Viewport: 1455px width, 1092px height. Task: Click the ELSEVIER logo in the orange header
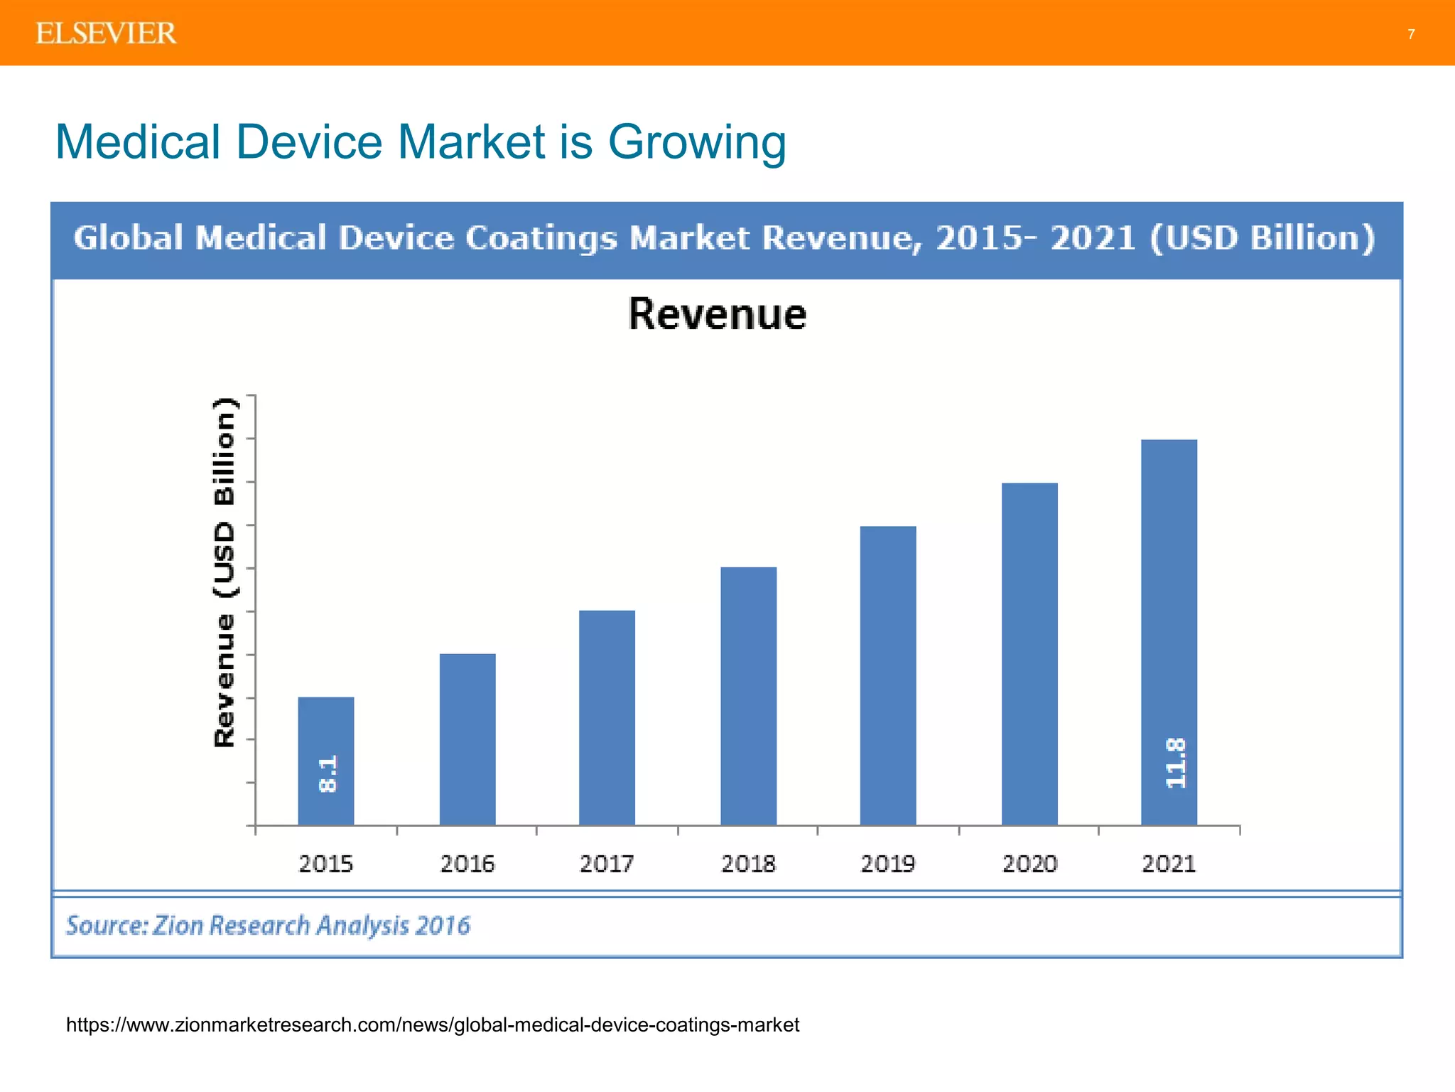106,33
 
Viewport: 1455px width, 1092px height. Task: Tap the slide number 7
1411,34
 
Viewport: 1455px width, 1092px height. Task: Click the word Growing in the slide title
697,142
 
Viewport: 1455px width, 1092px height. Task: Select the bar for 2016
467,739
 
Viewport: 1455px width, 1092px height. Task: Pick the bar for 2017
607,718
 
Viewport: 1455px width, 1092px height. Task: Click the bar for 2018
748,697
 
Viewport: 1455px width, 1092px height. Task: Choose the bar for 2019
887,675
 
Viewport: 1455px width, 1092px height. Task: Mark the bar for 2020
1029,654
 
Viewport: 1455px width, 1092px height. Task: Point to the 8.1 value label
328,774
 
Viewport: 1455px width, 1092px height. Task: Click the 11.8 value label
1176,763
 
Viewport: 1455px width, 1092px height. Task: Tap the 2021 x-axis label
1169,864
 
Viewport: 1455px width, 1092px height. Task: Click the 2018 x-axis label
748,864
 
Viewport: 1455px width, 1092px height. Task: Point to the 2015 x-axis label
325,864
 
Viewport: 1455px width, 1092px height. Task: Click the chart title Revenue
718,314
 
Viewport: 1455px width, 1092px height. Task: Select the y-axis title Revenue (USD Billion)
225,572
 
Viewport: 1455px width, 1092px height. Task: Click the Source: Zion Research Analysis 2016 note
268,926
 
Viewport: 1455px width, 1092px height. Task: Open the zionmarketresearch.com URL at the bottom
432,1024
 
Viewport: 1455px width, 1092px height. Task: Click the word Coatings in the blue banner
541,238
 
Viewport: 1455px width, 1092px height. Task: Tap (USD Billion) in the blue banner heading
1262,238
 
